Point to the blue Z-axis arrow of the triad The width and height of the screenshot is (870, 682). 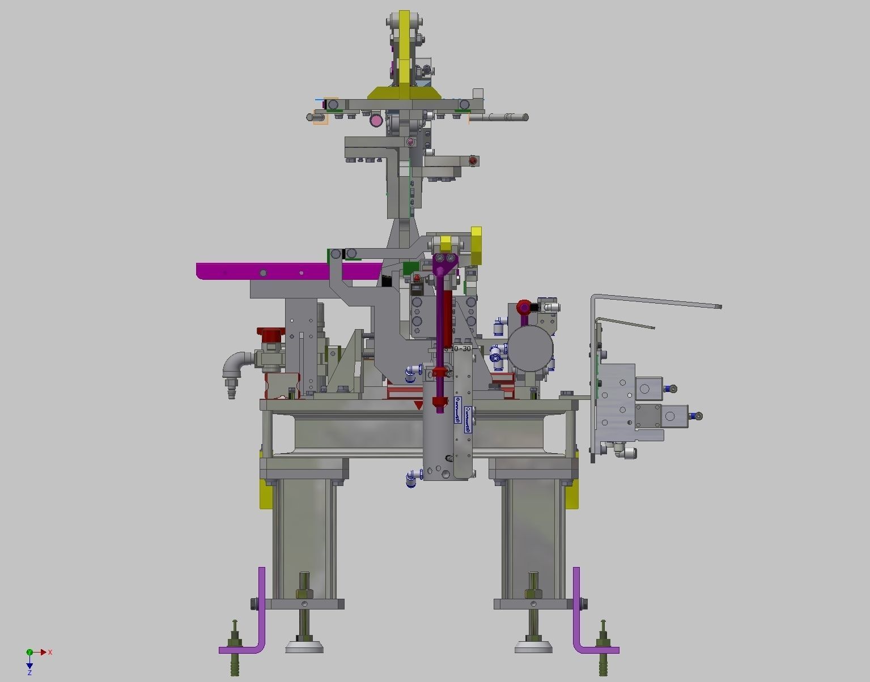[29, 665]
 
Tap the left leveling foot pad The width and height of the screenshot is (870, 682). [304, 646]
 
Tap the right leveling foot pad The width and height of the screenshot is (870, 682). [533, 646]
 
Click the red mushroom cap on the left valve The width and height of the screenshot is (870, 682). [269, 334]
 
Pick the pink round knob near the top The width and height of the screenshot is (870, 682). [376, 120]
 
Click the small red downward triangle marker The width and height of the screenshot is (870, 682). [419, 405]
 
